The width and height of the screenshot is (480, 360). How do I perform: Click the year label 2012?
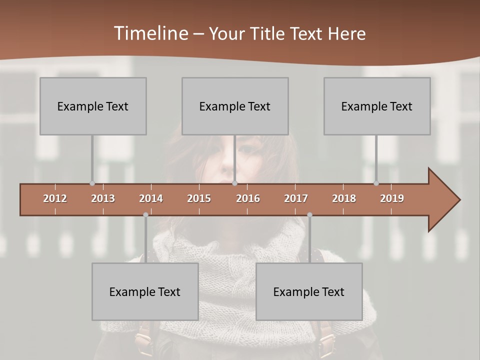(55, 198)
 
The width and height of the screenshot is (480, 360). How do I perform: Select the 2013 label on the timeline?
(103, 198)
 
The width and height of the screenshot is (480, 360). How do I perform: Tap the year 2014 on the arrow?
(151, 198)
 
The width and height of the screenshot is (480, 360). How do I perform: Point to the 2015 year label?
(199, 198)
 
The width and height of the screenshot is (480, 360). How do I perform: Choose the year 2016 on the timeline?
(248, 198)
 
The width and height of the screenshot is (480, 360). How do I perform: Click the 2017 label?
(296, 198)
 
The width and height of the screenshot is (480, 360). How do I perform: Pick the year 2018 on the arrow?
(344, 198)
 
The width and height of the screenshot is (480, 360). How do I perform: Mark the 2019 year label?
(392, 198)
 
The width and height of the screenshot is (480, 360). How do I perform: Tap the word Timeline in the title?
(150, 33)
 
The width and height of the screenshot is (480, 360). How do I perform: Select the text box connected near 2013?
(93, 106)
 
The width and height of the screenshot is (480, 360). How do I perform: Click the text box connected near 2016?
(235, 106)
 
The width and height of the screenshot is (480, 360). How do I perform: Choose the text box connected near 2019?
(377, 106)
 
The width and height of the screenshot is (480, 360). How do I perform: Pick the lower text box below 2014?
(145, 291)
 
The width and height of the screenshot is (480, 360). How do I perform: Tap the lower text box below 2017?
(309, 291)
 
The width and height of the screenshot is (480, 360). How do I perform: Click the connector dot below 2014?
(145, 214)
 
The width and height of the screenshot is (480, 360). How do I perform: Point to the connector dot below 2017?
(309, 214)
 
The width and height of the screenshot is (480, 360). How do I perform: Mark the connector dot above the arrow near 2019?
(376, 183)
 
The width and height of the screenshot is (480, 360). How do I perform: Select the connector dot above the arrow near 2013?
(92, 183)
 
